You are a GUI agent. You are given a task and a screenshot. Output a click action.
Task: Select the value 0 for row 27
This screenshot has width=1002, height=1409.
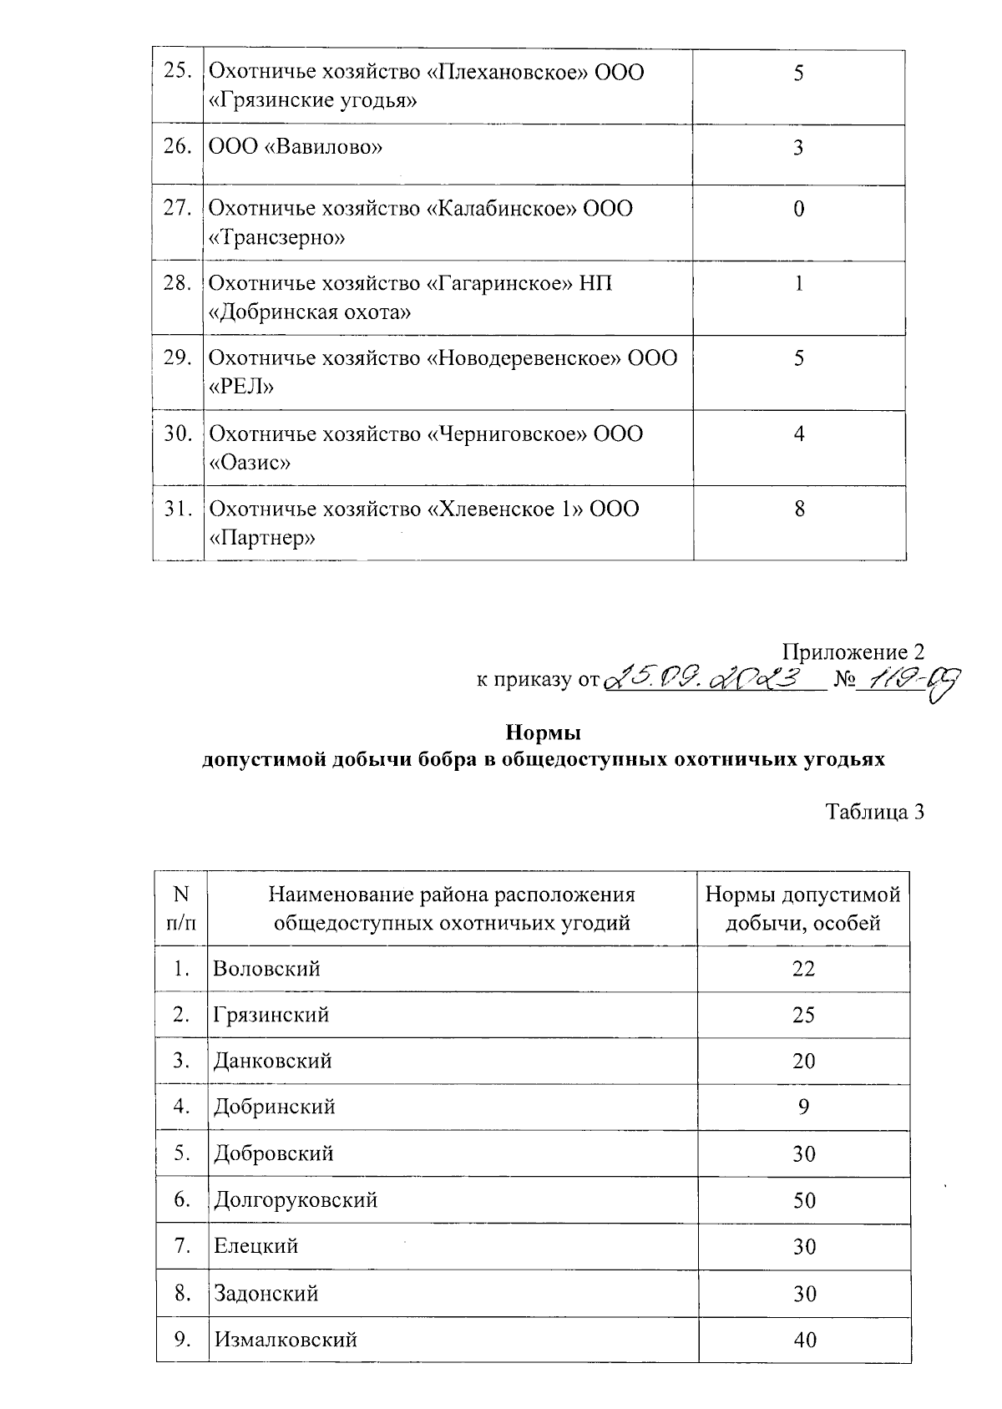pyautogui.click(x=799, y=209)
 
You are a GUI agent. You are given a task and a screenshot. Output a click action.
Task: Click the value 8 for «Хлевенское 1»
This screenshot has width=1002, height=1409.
pyautogui.click(x=799, y=509)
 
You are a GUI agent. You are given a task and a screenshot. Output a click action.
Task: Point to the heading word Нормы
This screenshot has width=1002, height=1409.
pyautogui.click(x=543, y=733)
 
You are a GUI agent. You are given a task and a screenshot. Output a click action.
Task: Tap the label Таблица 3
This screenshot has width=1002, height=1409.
pyautogui.click(x=874, y=812)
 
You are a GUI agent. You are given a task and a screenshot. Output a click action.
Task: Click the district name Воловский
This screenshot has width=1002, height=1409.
pyautogui.click(x=266, y=969)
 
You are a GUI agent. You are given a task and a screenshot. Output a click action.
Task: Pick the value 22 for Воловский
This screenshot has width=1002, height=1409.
pyautogui.click(x=804, y=969)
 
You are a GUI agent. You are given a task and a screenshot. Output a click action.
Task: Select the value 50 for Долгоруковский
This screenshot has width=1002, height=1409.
pyautogui.click(x=804, y=1201)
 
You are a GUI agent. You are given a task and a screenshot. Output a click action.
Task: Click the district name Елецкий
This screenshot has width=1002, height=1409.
pyautogui.click(x=256, y=1246)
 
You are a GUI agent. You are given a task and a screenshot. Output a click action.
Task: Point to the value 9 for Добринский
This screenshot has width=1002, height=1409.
pyautogui.click(x=804, y=1107)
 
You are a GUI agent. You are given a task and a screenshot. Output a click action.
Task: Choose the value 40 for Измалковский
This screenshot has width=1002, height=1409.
pyautogui.click(x=804, y=1340)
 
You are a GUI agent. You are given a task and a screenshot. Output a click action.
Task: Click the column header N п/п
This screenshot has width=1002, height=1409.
pyautogui.click(x=181, y=909)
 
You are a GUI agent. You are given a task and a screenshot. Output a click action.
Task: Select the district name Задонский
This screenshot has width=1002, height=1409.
pyautogui.click(x=266, y=1294)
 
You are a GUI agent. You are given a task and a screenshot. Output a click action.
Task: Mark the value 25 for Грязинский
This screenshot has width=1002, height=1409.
pyautogui.click(x=804, y=1016)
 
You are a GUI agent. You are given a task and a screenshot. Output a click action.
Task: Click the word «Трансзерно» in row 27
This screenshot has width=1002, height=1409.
pyautogui.click(x=276, y=238)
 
